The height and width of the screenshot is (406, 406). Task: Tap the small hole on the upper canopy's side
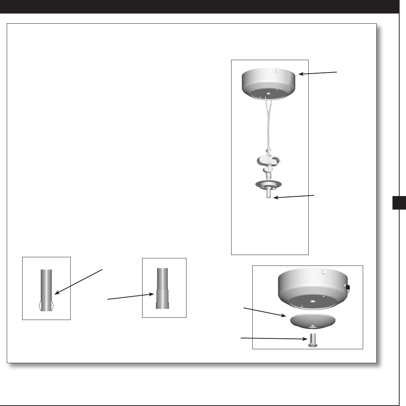(276, 71)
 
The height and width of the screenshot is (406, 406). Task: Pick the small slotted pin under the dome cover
(312, 341)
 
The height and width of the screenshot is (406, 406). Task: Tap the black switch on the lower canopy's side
(348, 288)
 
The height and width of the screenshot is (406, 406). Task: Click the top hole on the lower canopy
(324, 271)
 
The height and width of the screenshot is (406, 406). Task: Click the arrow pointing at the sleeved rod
(130, 297)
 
